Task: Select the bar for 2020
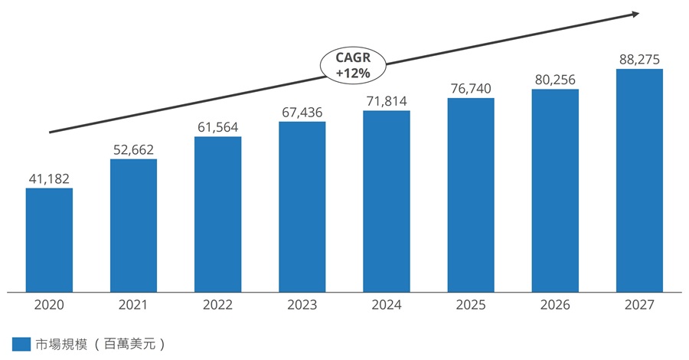point(49,240)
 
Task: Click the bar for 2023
point(302,207)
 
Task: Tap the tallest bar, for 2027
point(639,180)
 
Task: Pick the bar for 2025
point(471,195)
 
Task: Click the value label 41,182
point(49,179)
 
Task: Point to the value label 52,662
point(133,150)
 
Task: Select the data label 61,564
point(218,127)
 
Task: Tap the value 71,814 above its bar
point(387,101)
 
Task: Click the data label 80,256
point(555,80)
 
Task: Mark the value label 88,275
point(639,59)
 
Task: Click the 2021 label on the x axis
point(133,305)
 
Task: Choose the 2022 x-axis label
point(218,305)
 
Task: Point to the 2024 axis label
point(387,305)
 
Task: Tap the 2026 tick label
point(555,305)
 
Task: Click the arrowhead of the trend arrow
point(636,14)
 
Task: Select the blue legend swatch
point(21,344)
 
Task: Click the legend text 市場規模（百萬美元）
point(100,344)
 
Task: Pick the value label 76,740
point(471,88)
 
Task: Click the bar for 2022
point(218,214)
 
